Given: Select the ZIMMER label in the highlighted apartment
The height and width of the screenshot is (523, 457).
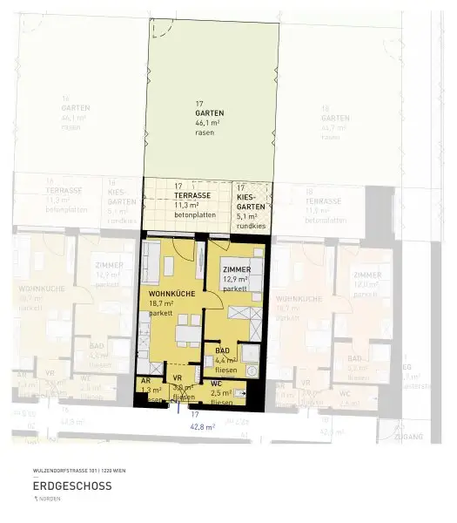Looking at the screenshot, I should [237, 270].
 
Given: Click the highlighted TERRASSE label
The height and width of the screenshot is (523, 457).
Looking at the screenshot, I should [192, 195].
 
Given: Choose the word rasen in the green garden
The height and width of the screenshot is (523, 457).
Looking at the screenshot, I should [205, 132].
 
